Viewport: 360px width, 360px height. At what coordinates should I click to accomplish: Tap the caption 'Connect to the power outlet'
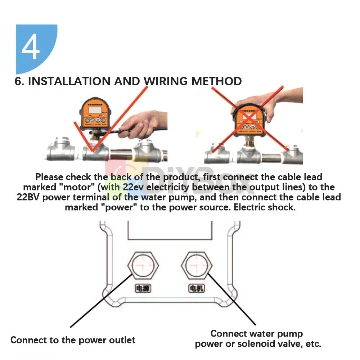(x=73, y=340)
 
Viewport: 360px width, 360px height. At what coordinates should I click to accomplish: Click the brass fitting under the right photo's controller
(x=248, y=143)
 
